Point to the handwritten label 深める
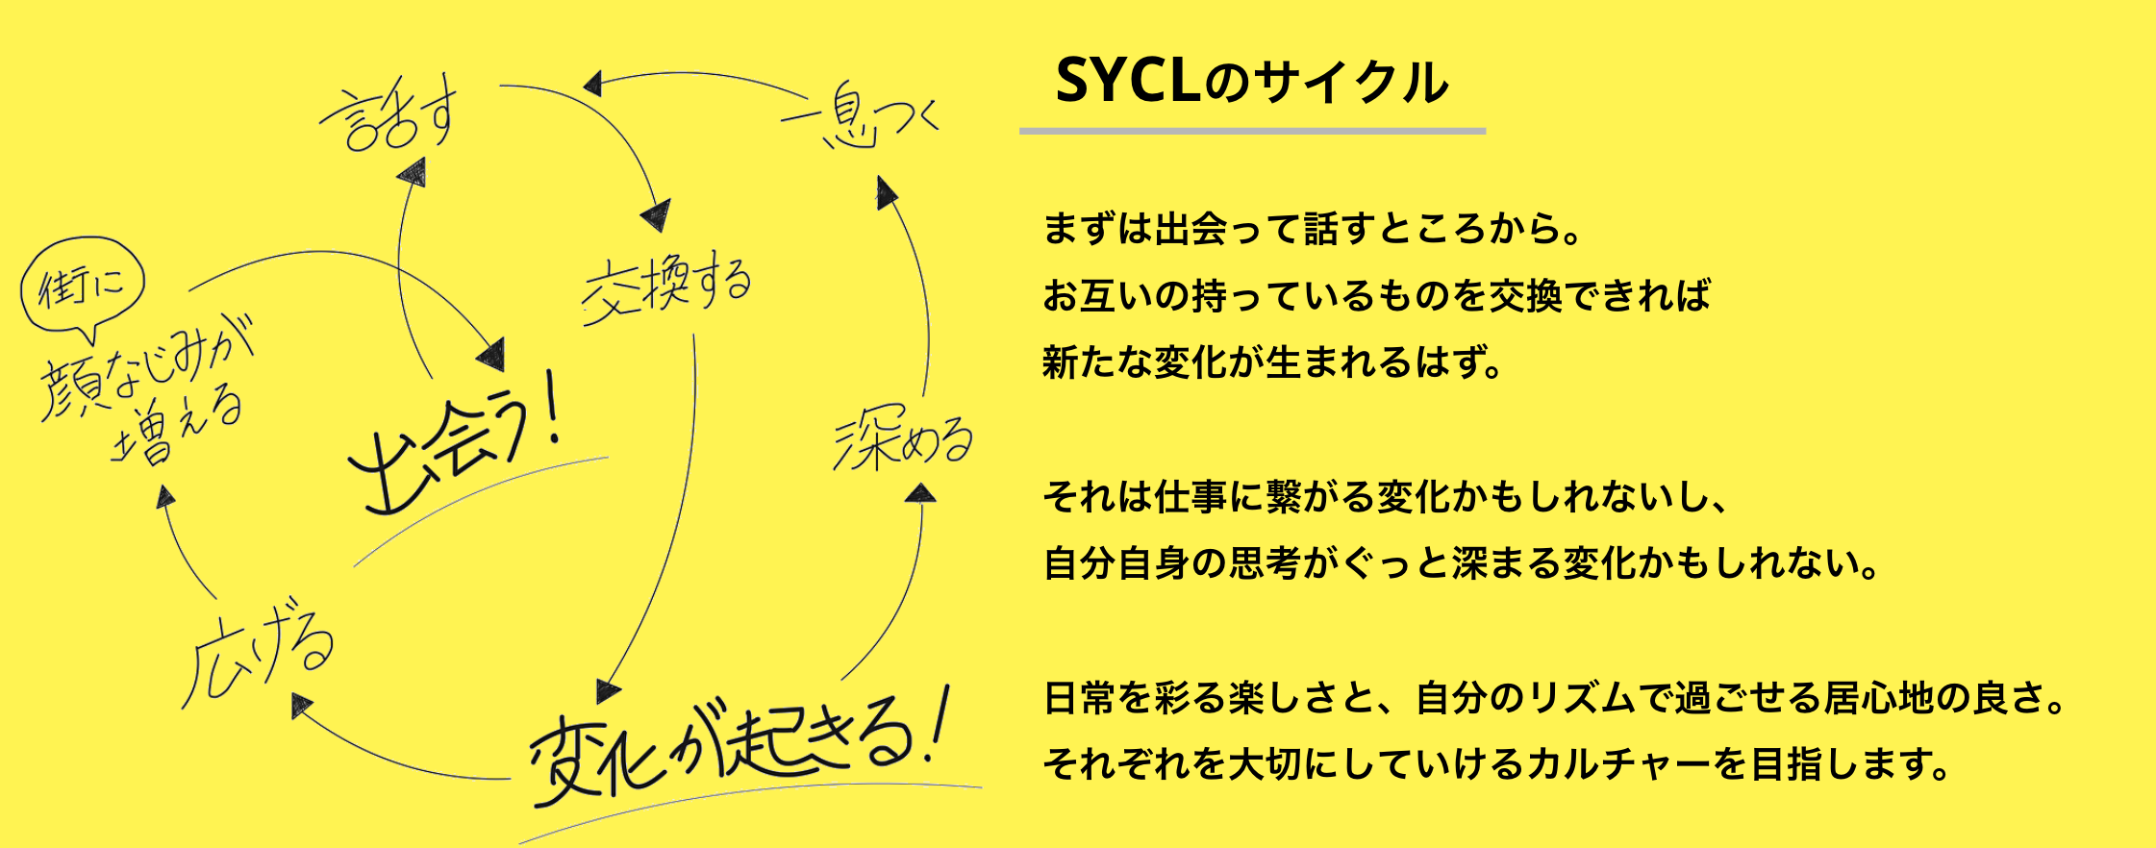902,440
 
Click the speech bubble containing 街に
83,285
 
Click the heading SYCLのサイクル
1251,82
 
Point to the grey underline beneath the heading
1252,131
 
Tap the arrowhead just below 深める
921,494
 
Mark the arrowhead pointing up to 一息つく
885,191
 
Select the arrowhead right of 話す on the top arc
592,85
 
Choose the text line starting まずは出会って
1313,229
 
